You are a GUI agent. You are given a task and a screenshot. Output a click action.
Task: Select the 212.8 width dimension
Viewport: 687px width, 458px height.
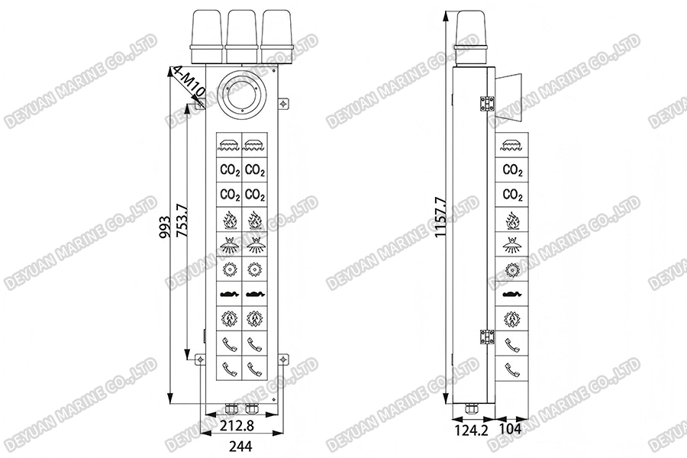click(237, 425)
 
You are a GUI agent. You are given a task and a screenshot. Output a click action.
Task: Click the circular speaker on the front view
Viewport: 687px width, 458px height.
click(243, 95)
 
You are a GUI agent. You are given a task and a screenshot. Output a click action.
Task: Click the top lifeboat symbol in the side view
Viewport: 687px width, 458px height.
click(512, 145)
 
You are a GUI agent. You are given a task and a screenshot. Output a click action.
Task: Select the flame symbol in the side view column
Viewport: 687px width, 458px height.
click(512, 220)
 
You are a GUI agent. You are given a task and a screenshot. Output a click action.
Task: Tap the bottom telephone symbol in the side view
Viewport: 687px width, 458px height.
click(512, 369)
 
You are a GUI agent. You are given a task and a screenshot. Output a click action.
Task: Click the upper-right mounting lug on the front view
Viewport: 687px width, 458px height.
click(284, 102)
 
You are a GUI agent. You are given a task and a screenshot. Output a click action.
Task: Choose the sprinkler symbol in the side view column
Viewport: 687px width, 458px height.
click(512, 244)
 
